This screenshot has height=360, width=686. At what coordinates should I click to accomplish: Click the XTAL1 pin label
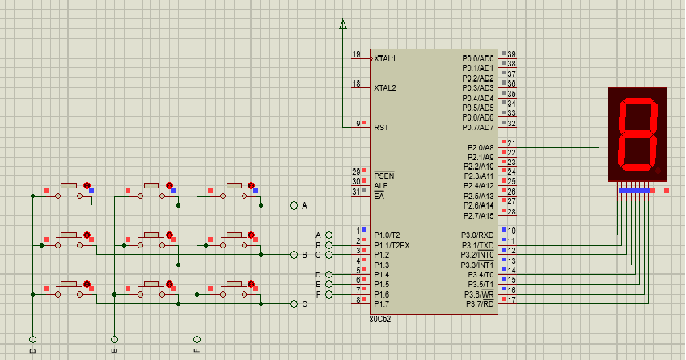pyautogui.click(x=385, y=59)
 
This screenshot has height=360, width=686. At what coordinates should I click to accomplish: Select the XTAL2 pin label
pyautogui.click(x=385, y=88)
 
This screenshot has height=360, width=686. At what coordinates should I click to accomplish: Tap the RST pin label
pyautogui.click(x=380, y=128)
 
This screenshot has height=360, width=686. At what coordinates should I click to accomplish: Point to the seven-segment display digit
pyautogui.click(x=636, y=135)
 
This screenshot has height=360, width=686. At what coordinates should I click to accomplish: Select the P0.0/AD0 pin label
pyautogui.click(x=477, y=58)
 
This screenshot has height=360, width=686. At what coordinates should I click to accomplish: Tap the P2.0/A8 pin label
pyautogui.click(x=480, y=147)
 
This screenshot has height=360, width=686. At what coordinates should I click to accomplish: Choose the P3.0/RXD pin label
pyautogui.click(x=477, y=235)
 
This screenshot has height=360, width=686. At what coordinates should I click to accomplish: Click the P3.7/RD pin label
pyautogui.click(x=478, y=304)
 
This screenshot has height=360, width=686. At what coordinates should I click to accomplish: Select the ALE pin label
pyautogui.click(x=380, y=186)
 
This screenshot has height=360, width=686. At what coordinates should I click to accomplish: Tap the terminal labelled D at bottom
pyautogui.click(x=32, y=339)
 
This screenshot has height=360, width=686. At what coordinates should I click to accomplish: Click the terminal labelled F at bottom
pyautogui.click(x=197, y=339)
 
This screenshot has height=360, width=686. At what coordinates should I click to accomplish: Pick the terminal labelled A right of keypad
pyautogui.click(x=294, y=205)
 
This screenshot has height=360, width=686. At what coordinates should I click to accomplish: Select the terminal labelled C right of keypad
pyautogui.click(x=294, y=304)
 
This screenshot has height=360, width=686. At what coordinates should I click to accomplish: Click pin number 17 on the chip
pyautogui.click(x=511, y=300)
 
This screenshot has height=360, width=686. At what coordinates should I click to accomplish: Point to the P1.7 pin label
pyautogui.click(x=381, y=304)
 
